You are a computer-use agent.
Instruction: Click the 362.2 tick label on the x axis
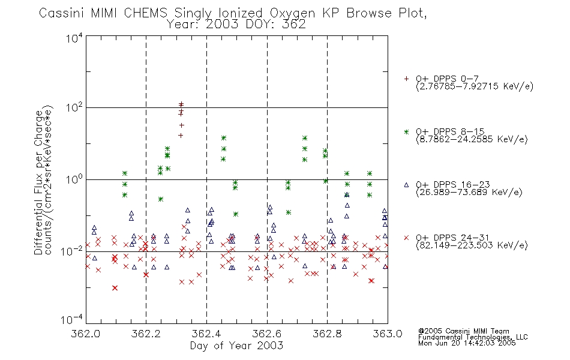point(146,334)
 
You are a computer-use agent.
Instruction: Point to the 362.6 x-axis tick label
point(267,334)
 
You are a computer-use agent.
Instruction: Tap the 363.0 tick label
point(388,334)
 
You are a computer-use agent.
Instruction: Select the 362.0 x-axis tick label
point(85,334)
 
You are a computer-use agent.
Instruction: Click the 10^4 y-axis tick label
point(74,38)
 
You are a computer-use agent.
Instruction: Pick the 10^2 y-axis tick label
point(74,107)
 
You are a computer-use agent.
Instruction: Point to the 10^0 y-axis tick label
point(74,179)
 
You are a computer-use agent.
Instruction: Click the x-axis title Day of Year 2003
point(236,346)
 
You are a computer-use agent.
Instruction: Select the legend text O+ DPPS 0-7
point(448,79)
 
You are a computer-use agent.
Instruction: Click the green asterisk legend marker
point(406,132)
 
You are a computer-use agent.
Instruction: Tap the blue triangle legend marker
point(406,185)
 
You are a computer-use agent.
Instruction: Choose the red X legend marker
point(406,238)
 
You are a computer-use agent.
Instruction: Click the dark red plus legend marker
point(406,79)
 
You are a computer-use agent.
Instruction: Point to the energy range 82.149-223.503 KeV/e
point(472,245)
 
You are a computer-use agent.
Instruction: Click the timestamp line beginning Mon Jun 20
point(467,343)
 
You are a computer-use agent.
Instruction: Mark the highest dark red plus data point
point(181,104)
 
